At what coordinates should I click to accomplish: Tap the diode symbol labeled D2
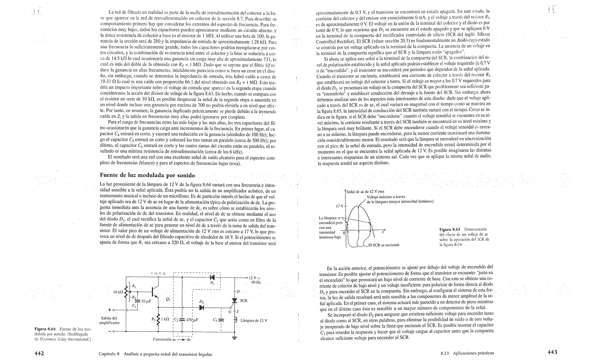point(202,308)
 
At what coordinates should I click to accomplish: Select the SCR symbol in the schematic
point(234,301)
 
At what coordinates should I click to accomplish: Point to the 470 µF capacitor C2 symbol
point(182,320)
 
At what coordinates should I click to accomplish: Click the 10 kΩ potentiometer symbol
point(126,292)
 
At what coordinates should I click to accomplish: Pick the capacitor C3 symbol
point(221,320)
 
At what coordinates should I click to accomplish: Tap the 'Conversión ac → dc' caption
point(172,339)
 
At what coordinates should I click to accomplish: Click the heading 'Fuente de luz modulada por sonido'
point(147,175)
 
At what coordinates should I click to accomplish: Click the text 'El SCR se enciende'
point(384,245)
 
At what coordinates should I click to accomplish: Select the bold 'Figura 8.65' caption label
point(450,229)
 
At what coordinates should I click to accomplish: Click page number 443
point(552,352)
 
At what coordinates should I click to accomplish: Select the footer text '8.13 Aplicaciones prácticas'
point(467,353)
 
